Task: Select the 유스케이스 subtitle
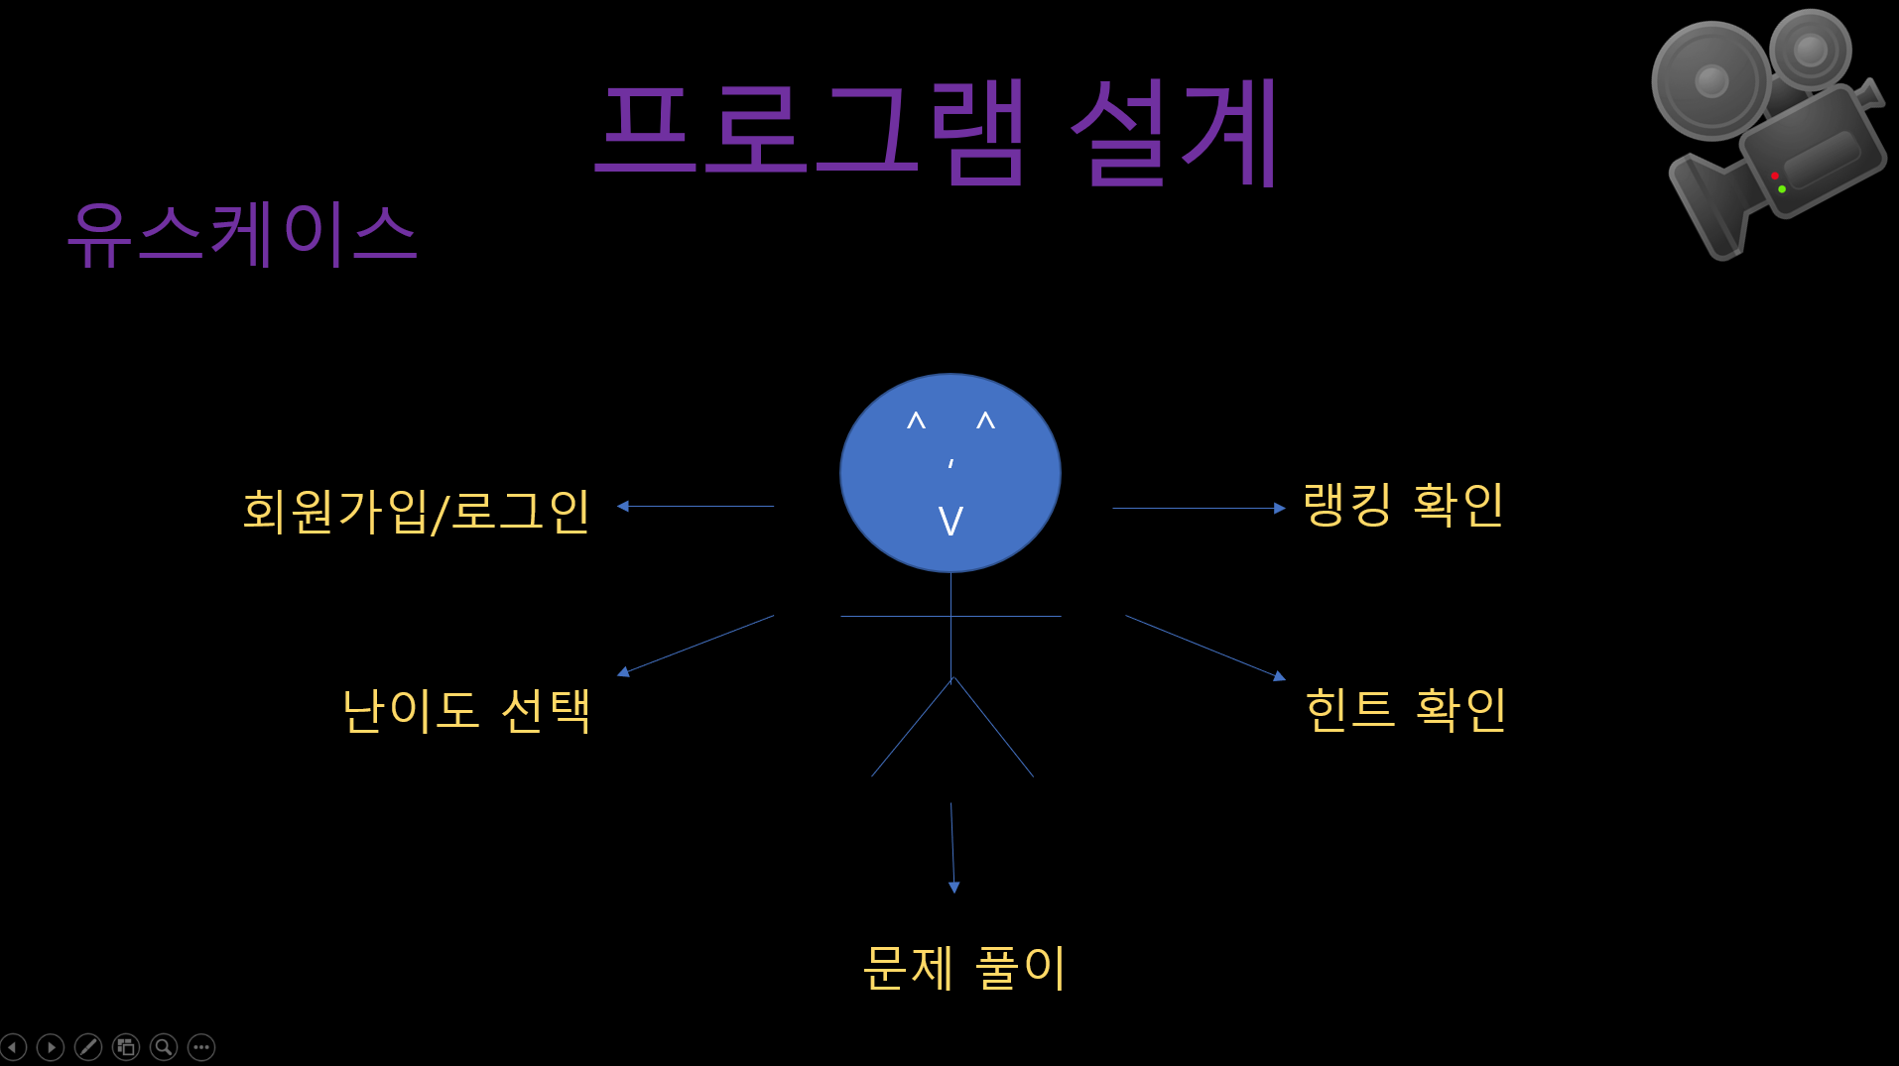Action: tap(242, 234)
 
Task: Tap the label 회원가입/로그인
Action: tap(416, 511)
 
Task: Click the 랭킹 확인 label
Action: tap(1403, 505)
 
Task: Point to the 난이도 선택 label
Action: tap(465, 710)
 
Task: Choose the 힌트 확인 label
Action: tap(1405, 709)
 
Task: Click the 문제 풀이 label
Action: tap(964, 967)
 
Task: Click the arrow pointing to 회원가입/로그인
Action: tap(695, 506)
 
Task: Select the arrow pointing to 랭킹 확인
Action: tap(1199, 508)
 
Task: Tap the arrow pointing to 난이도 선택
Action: tap(696, 645)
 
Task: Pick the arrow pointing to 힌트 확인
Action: tap(1205, 648)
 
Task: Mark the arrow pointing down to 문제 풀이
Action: tap(952, 848)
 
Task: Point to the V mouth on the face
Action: tap(950, 521)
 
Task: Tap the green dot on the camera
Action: tap(1782, 188)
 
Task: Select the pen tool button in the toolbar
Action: tap(88, 1047)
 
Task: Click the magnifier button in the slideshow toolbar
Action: tap(164, 1047)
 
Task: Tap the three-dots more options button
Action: tap(201, 1047)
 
